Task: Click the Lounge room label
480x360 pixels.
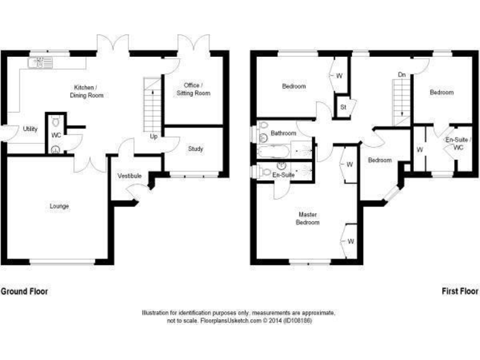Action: tap(60, 206)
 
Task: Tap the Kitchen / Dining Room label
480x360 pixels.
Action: tap(88, 91)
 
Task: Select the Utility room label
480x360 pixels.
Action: tap(29, 129)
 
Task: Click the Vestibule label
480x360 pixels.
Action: tap(129, 176)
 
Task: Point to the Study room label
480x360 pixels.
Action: tap(196, 149)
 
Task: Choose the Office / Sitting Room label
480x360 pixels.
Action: tap(196, 89)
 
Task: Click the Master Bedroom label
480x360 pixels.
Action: tap(307, 218)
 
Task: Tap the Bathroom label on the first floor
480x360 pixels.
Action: tap(283, 133)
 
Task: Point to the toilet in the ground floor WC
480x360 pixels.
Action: tap(56, 121)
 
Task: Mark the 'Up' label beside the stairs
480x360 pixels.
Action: tap(153, 136)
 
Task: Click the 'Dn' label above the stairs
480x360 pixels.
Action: tap(401, 75)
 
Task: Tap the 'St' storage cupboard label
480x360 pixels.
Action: tap(343, 107)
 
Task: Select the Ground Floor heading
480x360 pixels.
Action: tap(24, 291)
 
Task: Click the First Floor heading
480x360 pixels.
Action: tap(460, 291)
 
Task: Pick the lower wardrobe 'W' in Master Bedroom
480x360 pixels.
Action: tap(351, 241)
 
